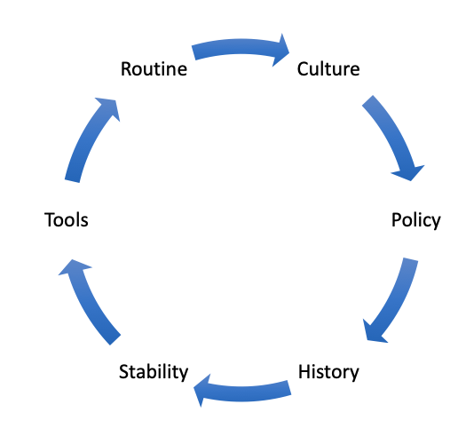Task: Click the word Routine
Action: point(154,69)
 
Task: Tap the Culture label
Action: point(328,69)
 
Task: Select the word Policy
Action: point(416,220)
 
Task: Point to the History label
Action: point(328,372)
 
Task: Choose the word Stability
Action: point(154,372)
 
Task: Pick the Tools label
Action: point(67,220)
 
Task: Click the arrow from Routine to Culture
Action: point(241,47)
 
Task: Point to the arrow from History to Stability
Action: point(242,393)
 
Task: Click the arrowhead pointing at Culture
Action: point(280,51)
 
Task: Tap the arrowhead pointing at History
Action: point(373,333)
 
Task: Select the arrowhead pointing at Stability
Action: point(202,390)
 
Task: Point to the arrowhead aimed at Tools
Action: point(74,267)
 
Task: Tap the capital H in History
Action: point(304,371)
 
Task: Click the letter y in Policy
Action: point(435,224)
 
